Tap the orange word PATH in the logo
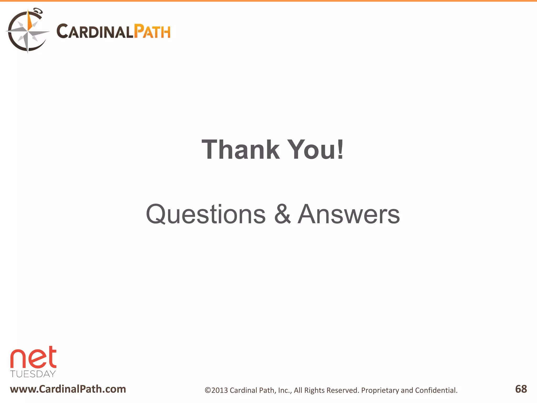point(152,32)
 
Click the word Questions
point(206,214)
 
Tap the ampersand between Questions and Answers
point(282,214)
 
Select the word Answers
point(349,214)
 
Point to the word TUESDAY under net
point(33,374)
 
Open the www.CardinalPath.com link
point(68,389)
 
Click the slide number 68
point(521,389)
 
